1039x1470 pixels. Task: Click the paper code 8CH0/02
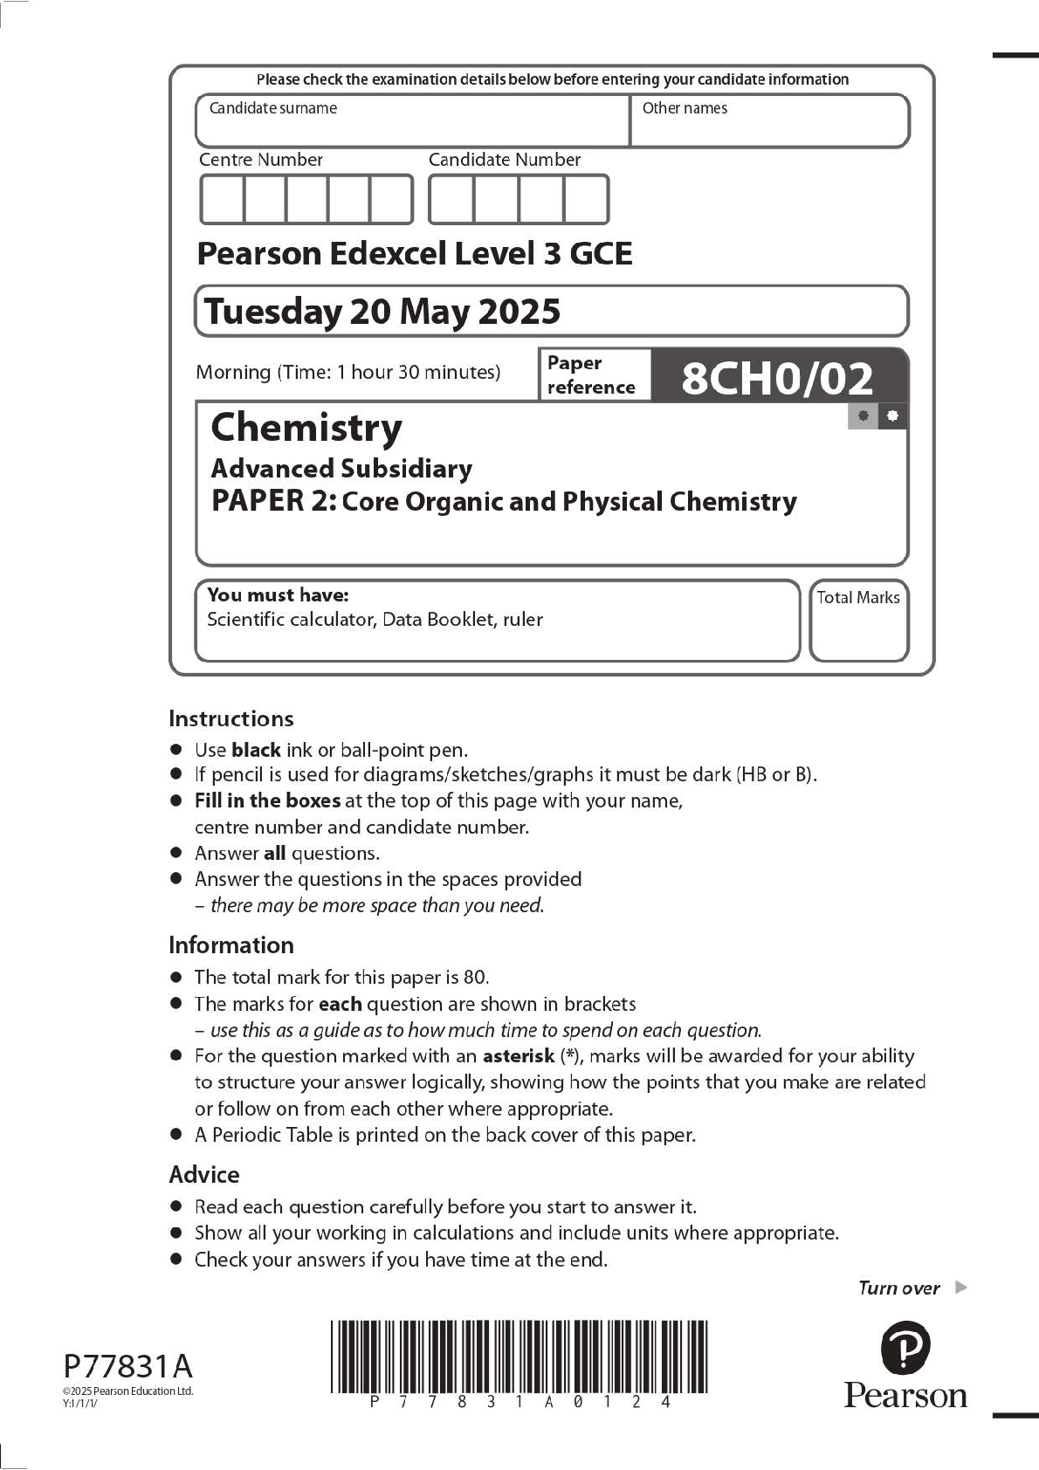776,378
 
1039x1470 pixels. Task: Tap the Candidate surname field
412,122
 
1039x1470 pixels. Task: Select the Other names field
768,122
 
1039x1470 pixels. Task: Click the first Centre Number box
222,200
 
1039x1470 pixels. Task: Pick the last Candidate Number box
586,200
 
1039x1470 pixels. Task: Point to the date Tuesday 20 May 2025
382,312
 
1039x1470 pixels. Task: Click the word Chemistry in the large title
306,428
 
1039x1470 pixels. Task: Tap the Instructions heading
231,718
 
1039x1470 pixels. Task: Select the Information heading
231,945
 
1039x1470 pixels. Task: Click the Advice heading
203,1175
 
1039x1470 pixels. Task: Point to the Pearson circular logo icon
905,1348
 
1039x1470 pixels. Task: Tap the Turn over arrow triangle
961,1287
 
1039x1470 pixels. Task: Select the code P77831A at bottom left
127,1366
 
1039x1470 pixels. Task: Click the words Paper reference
591,375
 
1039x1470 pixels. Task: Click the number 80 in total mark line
475,978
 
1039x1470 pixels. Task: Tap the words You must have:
278,595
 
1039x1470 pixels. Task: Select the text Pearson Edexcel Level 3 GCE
415,254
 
